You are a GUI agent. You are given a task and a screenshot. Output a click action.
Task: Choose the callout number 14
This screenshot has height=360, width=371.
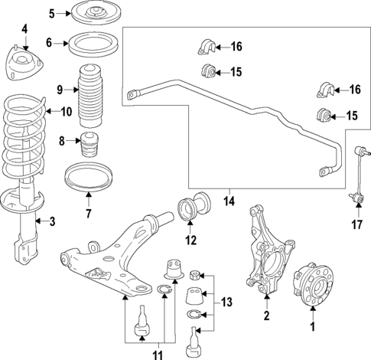click(229, 202)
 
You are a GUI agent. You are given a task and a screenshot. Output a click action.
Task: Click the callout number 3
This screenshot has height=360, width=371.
click(52, 222)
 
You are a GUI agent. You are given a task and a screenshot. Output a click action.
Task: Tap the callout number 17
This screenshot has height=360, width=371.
click(356, 225)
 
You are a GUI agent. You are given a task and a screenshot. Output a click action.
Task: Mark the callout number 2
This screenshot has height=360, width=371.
click(266, 316)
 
